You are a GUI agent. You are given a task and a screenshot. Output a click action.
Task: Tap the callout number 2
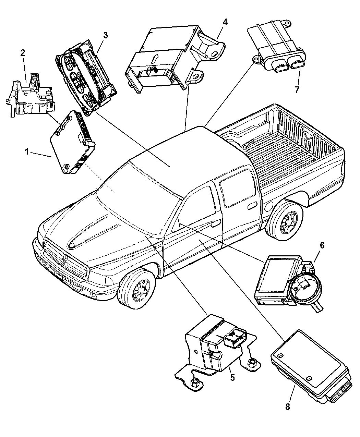23,53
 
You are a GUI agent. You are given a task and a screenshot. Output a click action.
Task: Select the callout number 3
106,35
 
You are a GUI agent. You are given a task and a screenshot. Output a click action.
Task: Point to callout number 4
225,22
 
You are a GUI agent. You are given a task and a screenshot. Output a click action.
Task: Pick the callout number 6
322,245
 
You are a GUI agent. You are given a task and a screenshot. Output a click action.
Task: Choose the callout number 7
297,90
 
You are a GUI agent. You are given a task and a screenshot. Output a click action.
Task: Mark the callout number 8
287,406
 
